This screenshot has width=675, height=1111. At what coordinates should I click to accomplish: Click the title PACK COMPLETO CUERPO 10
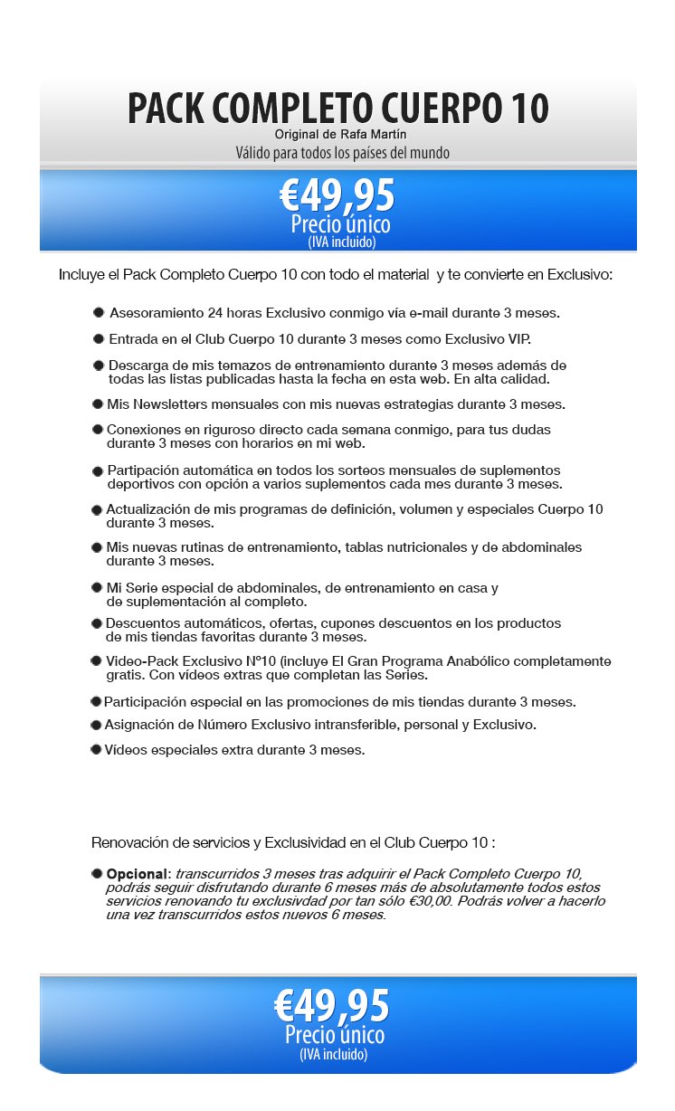point(337,109)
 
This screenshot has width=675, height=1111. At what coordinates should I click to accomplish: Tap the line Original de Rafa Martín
point(337,135)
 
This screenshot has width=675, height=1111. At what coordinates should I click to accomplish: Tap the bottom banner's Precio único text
point(335,1035)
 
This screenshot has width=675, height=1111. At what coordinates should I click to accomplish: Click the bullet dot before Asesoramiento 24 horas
point(98,312)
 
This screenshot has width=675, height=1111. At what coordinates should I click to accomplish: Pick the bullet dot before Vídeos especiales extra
point(95,749)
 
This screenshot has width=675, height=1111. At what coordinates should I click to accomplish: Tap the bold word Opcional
point(137,874)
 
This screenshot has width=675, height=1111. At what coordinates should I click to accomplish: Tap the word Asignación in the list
point(138,725)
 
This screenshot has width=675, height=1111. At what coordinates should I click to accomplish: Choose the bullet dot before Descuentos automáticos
point(96,623)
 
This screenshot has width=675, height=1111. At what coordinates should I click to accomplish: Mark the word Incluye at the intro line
point(81,274)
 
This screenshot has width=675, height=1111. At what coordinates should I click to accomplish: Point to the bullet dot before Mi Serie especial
point(97,588)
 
